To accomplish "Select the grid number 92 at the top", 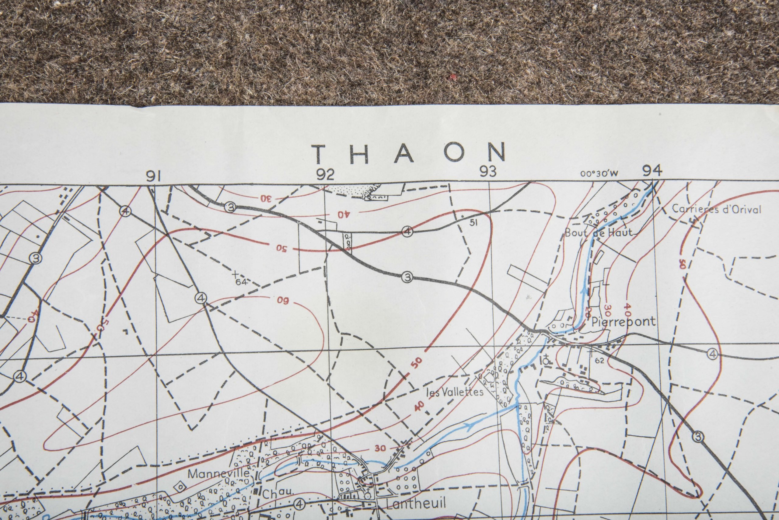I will pyautogui.click(x=325, y=174).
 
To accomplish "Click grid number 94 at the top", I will pyautogui.click(x=652, y=170).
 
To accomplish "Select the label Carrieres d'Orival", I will pyautogui.click(x=716, y=210).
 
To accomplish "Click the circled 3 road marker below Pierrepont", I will pyautogui.click(x=698, y=438).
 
